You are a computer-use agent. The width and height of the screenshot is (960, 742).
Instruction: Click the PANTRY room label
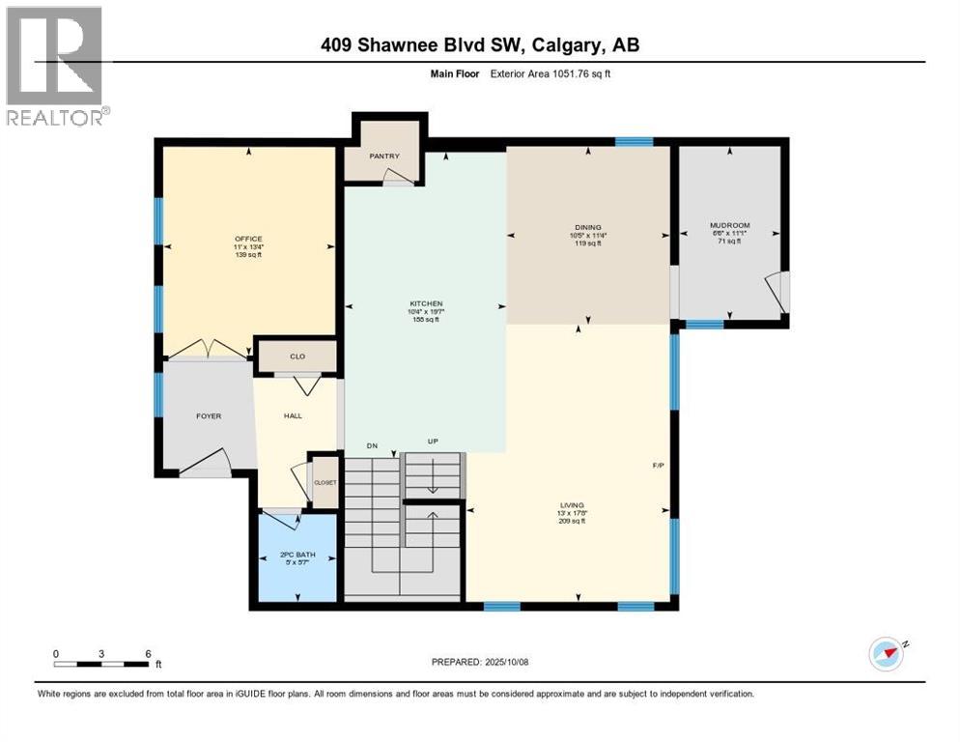(383, 156)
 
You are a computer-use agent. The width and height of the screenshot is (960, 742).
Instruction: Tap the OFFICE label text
(248, 239)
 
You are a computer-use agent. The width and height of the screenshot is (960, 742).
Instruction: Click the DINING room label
(587, 228)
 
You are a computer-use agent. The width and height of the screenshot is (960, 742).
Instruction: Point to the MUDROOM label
(729, 225)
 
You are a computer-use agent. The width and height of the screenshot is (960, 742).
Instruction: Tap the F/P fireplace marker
(658, 466)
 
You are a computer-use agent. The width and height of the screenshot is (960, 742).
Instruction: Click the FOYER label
(209, 416)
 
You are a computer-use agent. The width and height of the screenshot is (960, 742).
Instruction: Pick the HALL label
(293, 416)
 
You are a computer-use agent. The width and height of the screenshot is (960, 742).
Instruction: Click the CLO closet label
(297, 357)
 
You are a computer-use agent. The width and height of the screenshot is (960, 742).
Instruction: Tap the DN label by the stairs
(371, 445)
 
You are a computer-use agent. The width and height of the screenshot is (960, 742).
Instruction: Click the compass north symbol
(886, 655)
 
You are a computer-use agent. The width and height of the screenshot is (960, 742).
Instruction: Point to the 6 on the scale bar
(148, 654)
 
